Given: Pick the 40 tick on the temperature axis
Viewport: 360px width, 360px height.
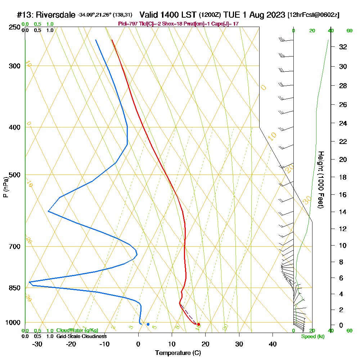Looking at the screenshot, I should pos(273,343).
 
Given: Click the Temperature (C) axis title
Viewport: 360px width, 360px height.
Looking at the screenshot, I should pos(178,353).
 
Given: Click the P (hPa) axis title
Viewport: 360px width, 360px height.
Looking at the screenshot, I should pos(5,187).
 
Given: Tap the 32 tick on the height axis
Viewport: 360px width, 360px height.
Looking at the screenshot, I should pos(342,47).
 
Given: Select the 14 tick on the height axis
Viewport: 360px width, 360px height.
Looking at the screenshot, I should pos(342,212).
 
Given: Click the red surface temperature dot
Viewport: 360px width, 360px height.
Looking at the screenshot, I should pos(198,324).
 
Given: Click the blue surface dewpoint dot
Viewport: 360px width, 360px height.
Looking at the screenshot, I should pos(148,324).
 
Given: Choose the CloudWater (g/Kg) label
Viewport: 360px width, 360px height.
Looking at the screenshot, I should pos(77,330).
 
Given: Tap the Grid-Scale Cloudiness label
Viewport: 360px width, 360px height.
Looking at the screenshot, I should pos(81,336).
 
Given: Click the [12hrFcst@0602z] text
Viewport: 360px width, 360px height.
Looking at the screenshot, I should pos(313,15).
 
